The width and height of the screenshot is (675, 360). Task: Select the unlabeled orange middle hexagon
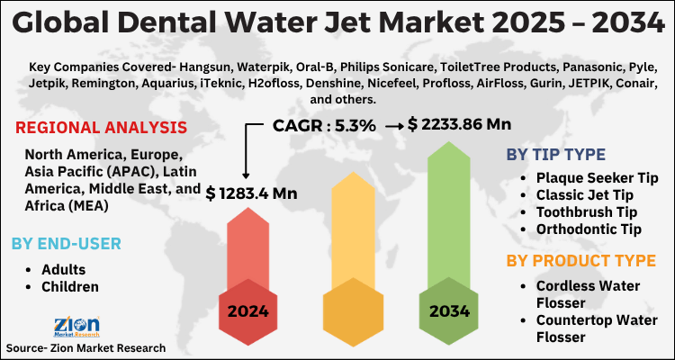348,311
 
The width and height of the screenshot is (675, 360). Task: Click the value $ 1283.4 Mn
251,193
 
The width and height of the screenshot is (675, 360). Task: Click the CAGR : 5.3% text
324,126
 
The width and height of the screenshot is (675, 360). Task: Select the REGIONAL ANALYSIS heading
102,128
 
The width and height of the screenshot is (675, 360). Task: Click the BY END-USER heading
67,243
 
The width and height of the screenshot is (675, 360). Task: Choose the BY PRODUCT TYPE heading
580,261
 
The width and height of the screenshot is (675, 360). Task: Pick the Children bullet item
70,287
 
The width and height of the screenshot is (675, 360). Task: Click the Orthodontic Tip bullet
589,229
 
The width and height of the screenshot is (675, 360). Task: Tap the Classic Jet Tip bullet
585,194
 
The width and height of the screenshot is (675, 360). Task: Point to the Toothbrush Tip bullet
587,212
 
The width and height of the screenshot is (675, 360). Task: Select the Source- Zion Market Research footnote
85,347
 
